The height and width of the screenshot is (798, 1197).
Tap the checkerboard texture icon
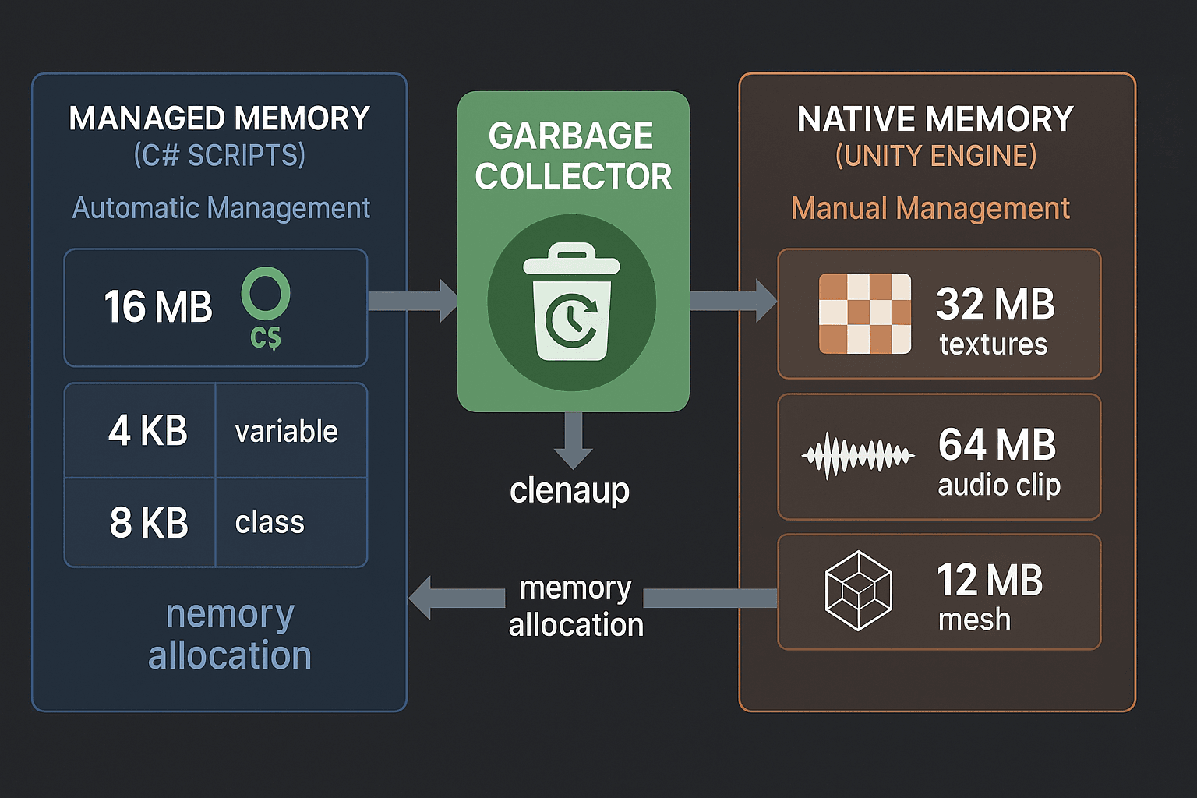pyautogui.click(x=864, y=313)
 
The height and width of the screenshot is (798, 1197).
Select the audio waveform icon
pyautogui.click(x=858, y=456)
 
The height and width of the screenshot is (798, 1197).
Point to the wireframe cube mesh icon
pyautogui.click(x=858, y=591)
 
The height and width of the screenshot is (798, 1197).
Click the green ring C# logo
pyautogui.click(x=266, y=295)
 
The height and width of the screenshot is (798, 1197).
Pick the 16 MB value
pyautogui.click(x=158, y=307)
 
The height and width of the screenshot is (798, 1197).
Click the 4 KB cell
pyautogui.click(x=147, y=431)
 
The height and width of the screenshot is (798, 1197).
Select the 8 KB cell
pyautogui.click(x=149, y=523)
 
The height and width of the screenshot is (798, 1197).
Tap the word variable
pyautogui.click(x=286, y=432)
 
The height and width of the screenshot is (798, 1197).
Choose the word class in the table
pyautogui.click(x=270, y=523)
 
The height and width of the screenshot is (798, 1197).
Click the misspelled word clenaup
pyautogui.click(x=570, y=491)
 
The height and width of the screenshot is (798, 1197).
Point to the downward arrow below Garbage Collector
pyautogui.click(x=573, y=440)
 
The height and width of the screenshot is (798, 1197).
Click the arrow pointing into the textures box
pyautogui.click(x=733, y=301)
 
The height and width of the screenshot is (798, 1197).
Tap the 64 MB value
pyautogui.click(x=997, y=445)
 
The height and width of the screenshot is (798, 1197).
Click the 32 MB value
pyautogui.click(x=995, y=305)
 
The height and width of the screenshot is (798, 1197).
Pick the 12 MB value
pyautogui.click(x=990, y=581)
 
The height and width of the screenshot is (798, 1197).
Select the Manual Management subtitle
pyautogui.click(x=930, y=209)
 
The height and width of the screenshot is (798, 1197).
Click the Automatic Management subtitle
pyautogui.click(x=221, y=208)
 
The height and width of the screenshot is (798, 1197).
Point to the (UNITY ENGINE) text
pyautogui.click(x=936, y=157)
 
